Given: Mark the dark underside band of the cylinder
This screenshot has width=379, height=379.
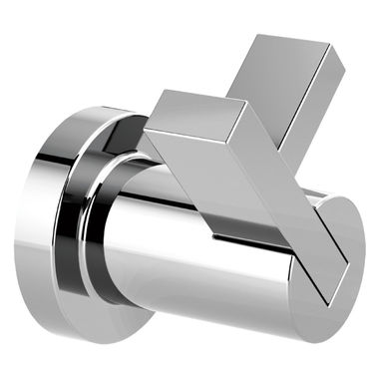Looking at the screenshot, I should point(199,309).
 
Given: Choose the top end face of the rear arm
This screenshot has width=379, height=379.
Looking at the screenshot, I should point(289,50).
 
